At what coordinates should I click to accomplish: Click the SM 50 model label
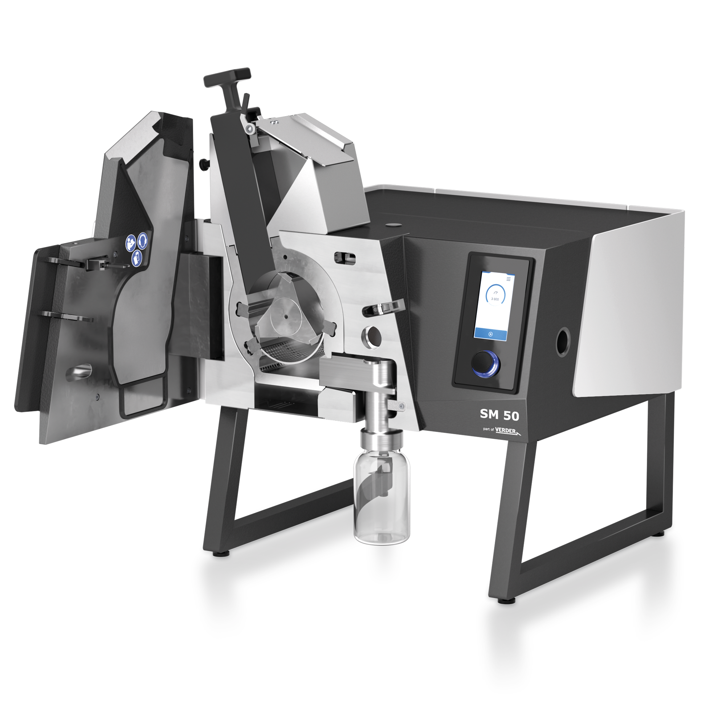click(x=499, y=415)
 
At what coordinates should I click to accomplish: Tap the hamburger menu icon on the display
click(x=509, y=279)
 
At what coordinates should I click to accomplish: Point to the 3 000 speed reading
click(x=495, y=299)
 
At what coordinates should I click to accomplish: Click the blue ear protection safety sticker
click(x=143, y=241)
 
